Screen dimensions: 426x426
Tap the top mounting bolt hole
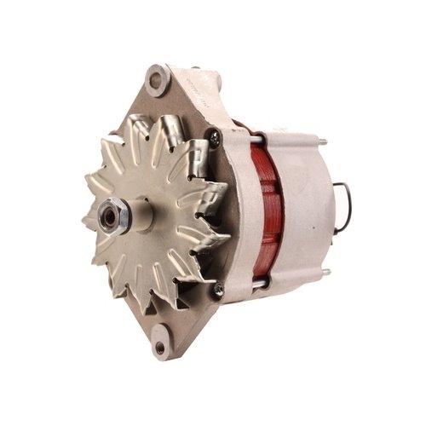(156, 82)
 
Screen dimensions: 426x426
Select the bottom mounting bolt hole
(159, 347)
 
